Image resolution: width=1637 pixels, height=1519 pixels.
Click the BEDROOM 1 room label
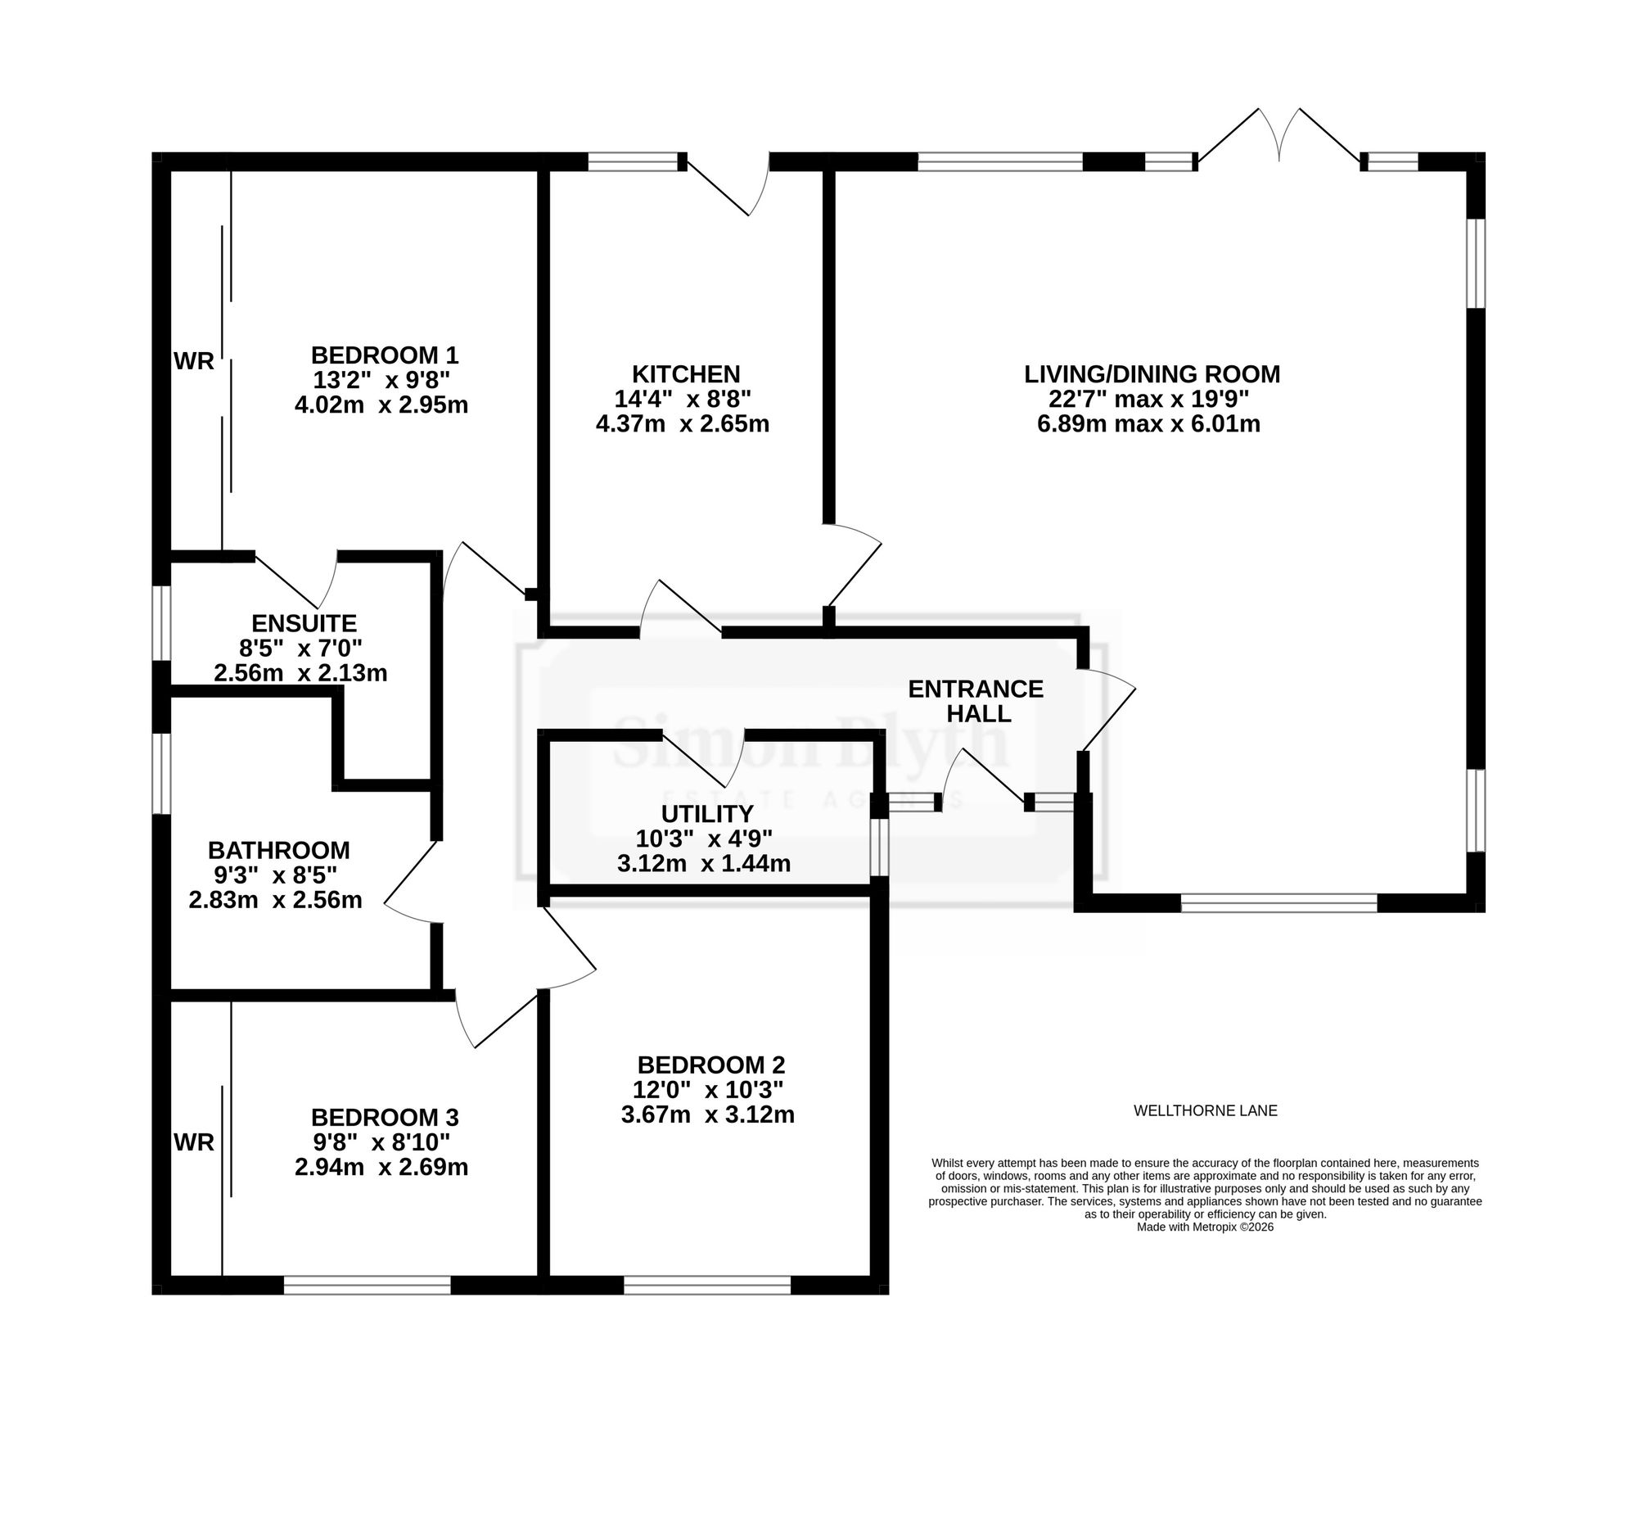[384, 356]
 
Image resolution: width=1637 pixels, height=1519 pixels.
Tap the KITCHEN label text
[685, 375]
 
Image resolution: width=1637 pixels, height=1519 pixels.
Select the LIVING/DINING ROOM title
[1152, 375]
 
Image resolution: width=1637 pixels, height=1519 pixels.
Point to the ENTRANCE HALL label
[976, 701]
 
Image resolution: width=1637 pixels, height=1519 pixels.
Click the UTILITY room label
[706, 814]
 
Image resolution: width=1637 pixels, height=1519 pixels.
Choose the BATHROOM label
[278, 850]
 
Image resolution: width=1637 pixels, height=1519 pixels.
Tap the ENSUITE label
[303, 623]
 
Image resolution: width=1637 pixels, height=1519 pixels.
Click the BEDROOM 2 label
[710, 1065]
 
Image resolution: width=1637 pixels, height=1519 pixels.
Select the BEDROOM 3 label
[385, 1118]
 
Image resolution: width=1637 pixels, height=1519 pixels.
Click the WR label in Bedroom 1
[194, 361]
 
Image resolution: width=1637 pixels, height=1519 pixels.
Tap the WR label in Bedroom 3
[194, 1142]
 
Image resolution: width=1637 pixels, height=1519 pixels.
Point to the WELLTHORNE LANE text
[1206, 1111]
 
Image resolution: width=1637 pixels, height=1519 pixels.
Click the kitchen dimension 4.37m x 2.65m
[682, 424]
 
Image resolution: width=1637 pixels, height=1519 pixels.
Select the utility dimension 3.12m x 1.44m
[703, 864]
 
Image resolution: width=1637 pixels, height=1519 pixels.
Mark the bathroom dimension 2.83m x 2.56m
[275, 900]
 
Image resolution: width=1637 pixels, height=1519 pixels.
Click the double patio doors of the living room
[1278, 138]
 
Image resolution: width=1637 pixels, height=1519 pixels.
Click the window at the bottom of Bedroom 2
[706, 1285]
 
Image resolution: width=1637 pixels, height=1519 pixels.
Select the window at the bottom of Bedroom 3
[368, 1285]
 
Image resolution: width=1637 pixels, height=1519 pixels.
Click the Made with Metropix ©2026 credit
[1205, 1227]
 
